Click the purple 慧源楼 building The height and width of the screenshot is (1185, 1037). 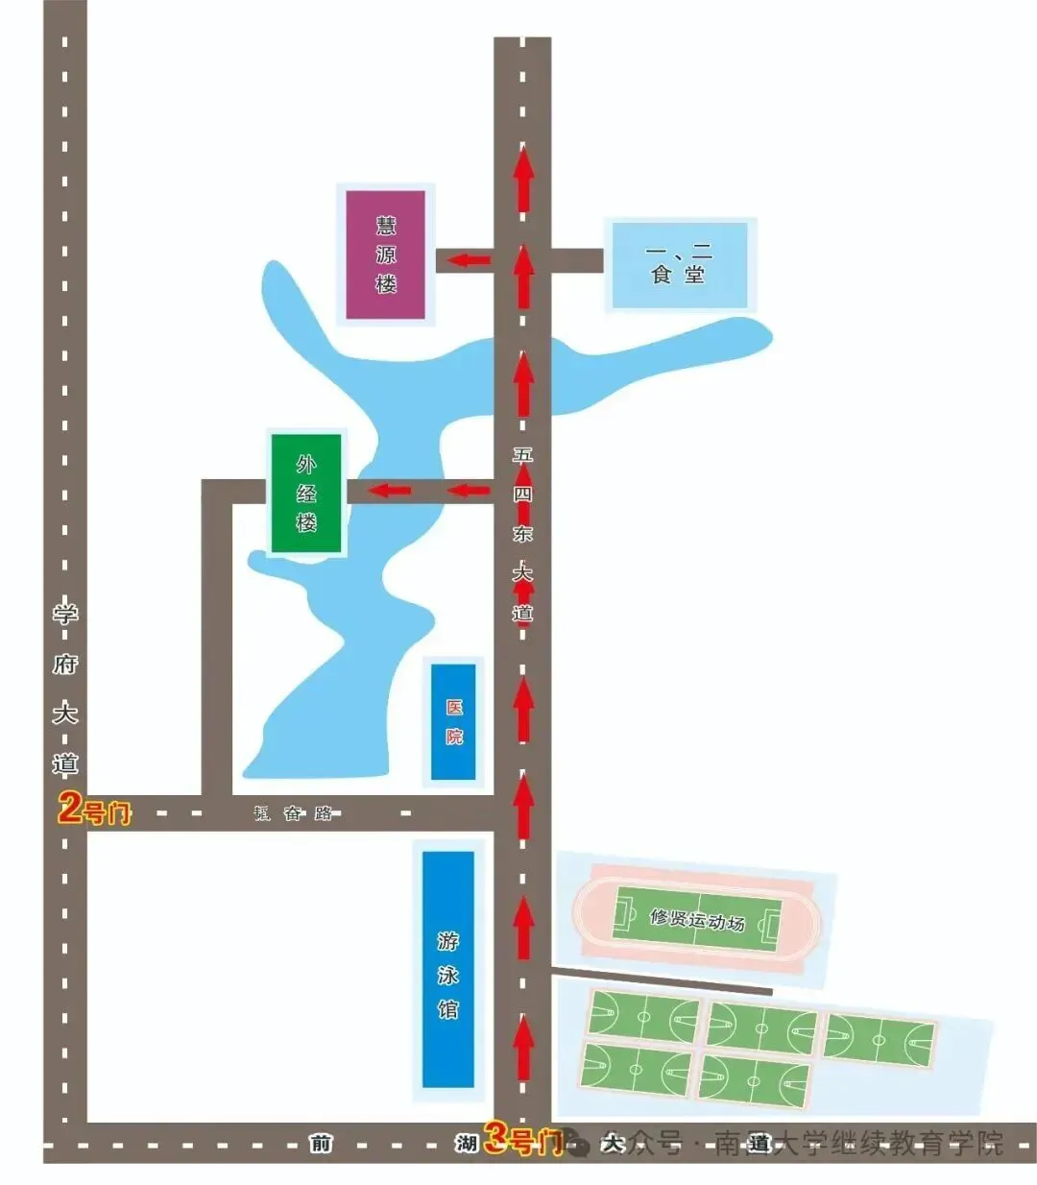click(x=385, y=254)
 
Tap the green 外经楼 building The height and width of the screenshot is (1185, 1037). click(x=306, y=494)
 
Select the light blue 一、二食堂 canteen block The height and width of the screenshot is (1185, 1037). click(x=679, y=265)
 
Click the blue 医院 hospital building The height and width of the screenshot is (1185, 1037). click(x=453, y=721)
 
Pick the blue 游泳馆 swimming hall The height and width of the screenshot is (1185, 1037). click(x=448, y=968)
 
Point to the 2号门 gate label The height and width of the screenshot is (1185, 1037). click(x=94, y=810)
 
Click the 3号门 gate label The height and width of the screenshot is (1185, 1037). click(x=521, y=1140)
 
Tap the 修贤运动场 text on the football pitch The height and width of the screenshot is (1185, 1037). click(x=697, y=919)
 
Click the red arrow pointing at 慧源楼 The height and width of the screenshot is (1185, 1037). click(x=470, y=259)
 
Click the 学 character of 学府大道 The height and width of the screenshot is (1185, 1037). click(x=64, y=613)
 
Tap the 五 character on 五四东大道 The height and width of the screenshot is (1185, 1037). click(x=522, y=455)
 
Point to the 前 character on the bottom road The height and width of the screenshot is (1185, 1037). click(x=320, y=1143)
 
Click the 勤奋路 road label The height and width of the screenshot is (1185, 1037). click(x=293, y=813)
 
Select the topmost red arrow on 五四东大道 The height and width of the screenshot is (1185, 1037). click(x=523, y=179)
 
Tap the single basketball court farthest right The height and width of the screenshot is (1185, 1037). click(x=879, y=1040)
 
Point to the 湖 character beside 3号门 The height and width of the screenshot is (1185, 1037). click(x=467, y=1143)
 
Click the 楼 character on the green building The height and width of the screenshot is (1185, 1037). click(x=306, y=523)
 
